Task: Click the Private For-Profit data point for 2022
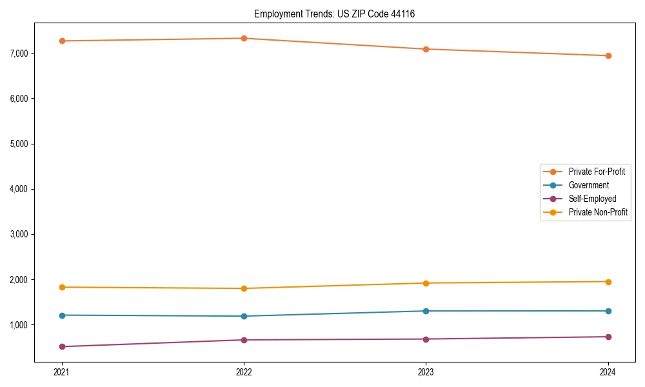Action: [244, 38]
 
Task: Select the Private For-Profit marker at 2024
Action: [608, 55]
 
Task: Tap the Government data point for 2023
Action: [426, 311]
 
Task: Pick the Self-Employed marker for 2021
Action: [62, 346]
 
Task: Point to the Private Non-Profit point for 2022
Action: [244, 288]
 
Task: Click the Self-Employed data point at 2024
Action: [608, 337]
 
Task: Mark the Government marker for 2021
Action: [62, 315]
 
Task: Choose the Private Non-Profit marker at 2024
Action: [608, 282]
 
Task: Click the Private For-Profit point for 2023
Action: [426, 49]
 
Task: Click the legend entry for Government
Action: [588, 185]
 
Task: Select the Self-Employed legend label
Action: [592, 199]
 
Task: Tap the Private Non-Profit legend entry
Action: [598, 212]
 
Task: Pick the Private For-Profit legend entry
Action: [596, 172]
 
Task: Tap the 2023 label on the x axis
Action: [426, 372]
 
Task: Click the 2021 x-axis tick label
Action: [62, 372]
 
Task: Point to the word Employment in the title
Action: [275, 14]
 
